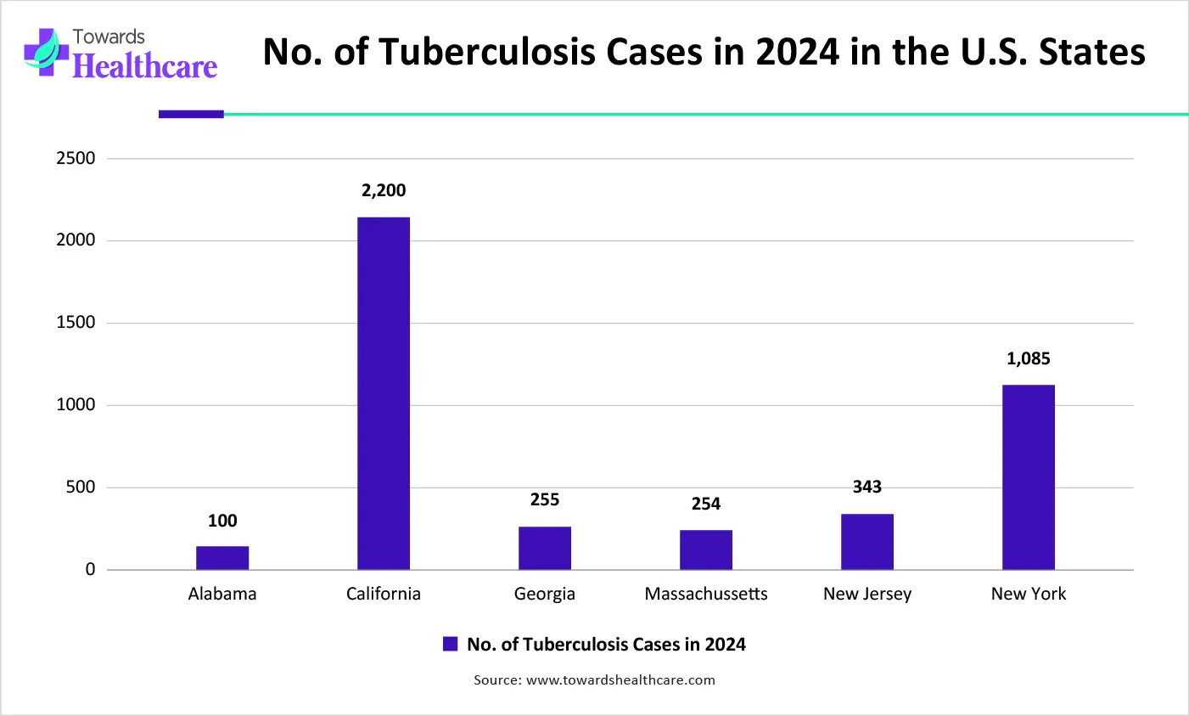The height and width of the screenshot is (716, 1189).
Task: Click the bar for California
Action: [384, 393]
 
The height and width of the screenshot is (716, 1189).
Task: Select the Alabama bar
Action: [222, 558]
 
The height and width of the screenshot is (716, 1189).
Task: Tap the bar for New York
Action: [1029, 477]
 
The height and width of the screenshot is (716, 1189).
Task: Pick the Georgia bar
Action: [545, 548]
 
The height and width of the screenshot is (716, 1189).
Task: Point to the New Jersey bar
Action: [867, 542]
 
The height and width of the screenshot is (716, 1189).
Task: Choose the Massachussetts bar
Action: [706, 550]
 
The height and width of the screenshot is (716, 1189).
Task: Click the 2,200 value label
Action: [384, 191]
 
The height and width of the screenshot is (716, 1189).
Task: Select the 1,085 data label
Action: [1029, 359]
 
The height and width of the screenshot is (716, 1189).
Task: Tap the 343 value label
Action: [867, 487]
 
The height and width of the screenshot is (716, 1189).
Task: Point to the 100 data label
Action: [222, 521]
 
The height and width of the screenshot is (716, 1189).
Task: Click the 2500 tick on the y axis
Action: [76, 159]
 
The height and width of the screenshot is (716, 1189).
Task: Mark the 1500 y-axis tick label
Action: [76, 323]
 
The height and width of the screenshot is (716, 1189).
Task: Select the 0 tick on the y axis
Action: [90, 570]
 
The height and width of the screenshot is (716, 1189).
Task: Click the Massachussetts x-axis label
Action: [706, 594]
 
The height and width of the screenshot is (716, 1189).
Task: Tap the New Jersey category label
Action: [867, 594]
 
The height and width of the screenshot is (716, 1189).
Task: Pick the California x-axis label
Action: [384, 594]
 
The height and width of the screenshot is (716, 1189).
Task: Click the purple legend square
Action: [451, 644]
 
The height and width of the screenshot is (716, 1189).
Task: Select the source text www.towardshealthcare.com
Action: [620, 679]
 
